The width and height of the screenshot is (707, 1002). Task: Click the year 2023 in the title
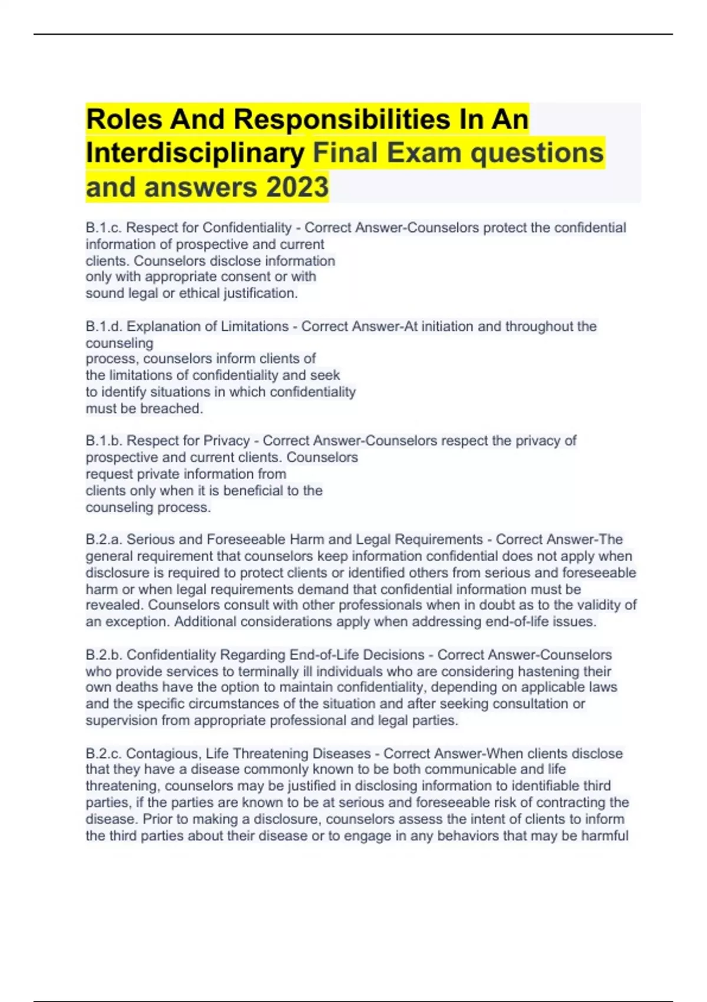pyautogui.click(x=298, y=187)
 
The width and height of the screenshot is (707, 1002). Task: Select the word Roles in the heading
pyautogui.click(x=124, y=120)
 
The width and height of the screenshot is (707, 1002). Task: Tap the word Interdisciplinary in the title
pyautogui.click(x=195, y=153)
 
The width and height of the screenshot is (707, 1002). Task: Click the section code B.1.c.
pyautogui.click(x=104, y=228)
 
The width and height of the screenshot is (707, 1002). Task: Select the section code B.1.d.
pyautogui.click(x=104, y=327)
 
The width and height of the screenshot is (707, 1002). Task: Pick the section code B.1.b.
pyautogui.click(x=104, y=441)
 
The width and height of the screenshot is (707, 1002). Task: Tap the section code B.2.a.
pyautogui.click(x=104, y=539)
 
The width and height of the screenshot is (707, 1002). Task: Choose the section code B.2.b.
pyautogui.click(x=104, y=655)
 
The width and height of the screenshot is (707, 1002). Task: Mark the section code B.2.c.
pyautogui.click(x=104, y=753)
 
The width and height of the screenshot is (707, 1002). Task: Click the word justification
pyautogui.click(x=260, y=293)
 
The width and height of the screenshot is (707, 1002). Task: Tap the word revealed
pyautogui.click(x=114, y=605)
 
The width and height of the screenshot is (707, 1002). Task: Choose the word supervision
pyautogui.click(x=121, y=720)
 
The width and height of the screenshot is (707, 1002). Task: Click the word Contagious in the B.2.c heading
pyautogui.click(x=161, y=753)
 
